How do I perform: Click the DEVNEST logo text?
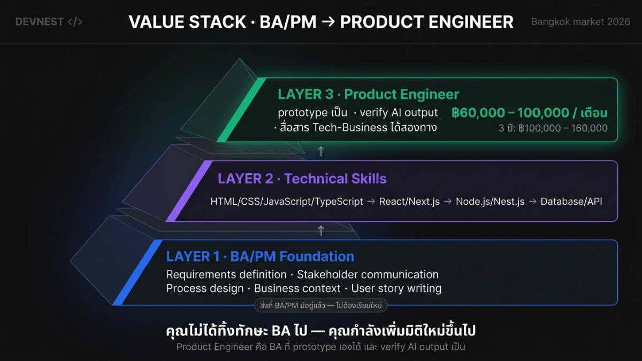coord(39,22)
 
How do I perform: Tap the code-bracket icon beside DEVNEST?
coord(75,22)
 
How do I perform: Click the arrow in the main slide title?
coord(328,22)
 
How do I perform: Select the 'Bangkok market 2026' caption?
coord(580,22)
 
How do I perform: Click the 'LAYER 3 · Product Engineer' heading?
coord(368,94)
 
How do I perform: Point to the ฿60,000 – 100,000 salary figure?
coord(529,113)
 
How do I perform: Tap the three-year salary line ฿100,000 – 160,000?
coord(553,128)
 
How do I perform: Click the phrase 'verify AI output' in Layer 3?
coord(399,113)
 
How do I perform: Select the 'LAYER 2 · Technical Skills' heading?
coord(302,179)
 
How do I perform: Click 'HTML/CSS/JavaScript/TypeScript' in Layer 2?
coord(287,202)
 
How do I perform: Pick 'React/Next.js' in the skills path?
coord(409,202)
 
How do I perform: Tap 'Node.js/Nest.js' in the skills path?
coord(490,202)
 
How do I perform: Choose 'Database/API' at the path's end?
coord(571,202)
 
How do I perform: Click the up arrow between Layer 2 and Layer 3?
coord(321,151)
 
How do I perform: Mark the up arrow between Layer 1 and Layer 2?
coord(321,231)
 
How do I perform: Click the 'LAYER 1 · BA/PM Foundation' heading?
coord(260,256)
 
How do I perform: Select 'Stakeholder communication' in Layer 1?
coord(368,274)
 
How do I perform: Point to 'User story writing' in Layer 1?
coord(396,288)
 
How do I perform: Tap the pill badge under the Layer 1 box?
coord(320,305)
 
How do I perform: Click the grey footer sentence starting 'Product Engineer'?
coord(320,347)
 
